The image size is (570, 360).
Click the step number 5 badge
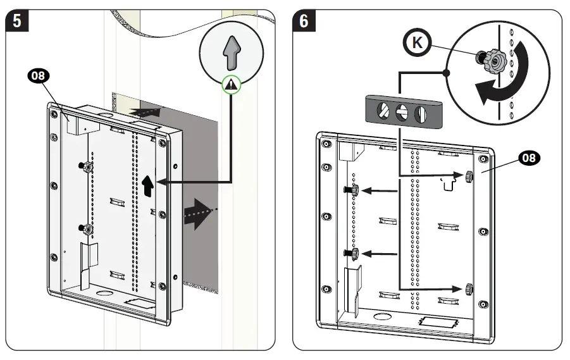16,21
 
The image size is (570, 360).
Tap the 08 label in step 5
39,77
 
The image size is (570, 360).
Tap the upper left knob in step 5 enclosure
86,166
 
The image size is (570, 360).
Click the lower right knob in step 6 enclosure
469,289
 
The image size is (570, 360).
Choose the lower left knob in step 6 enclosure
353,253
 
